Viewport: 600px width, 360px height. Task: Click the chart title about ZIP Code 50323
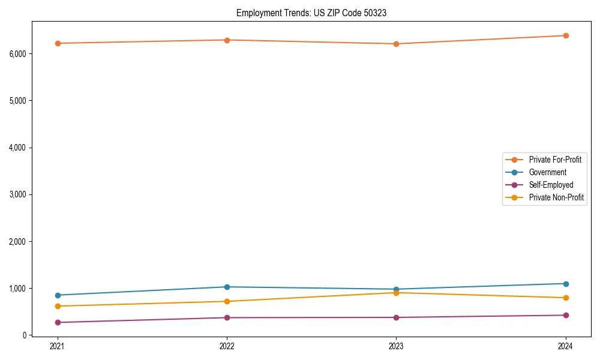311,13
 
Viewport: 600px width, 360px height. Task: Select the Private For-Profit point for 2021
58,43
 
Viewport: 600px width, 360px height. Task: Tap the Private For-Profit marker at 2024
566,35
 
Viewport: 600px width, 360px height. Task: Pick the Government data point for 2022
227,287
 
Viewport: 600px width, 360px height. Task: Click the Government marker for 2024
566,284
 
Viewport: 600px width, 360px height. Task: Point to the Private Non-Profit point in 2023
396,293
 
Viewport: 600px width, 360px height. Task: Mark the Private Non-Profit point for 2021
58,306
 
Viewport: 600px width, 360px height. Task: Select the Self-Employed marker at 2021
58,323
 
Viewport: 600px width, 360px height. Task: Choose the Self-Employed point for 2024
566,315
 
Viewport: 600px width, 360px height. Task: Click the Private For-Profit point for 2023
396,44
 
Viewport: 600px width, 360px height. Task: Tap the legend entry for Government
547,172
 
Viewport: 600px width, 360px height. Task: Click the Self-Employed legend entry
551,185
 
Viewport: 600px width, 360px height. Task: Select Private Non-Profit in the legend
556,197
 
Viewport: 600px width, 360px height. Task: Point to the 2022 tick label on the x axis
227,346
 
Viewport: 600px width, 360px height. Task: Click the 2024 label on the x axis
566,346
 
